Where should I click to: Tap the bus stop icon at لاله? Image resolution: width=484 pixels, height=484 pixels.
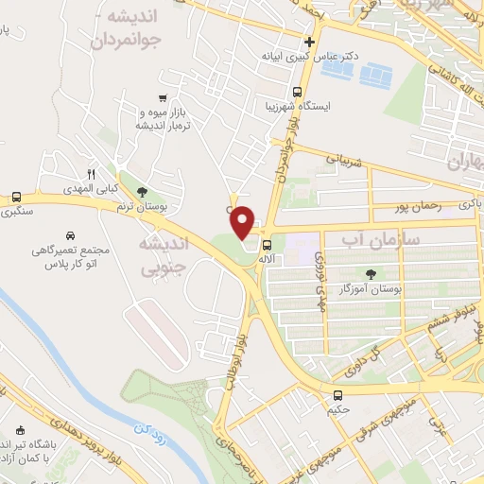tap(266, 242)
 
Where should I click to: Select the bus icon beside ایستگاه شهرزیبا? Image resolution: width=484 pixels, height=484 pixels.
tap(298, 95)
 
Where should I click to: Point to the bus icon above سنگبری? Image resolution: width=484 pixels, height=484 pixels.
tap(16, 198)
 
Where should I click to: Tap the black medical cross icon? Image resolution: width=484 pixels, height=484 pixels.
tap(309, 43)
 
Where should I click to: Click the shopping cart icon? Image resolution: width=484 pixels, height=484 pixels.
tap(164, 97)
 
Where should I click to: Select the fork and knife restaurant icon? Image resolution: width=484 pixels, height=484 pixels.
tap(92, 174)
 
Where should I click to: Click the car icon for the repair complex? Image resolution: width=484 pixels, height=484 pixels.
tap(71, 234)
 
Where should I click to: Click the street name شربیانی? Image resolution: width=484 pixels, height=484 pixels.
tap(344, 160)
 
